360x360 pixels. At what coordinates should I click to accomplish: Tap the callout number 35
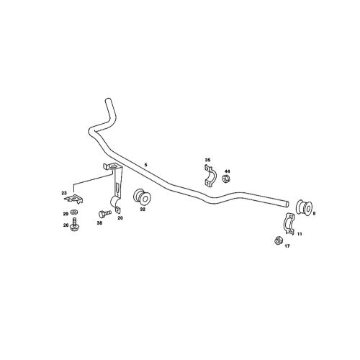[207, 160]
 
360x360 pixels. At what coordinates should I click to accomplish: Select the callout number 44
[228, 171]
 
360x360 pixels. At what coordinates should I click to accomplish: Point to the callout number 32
[143, 210]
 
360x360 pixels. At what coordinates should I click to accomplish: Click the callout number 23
[64, 192]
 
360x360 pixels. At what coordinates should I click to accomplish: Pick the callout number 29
[64, 215]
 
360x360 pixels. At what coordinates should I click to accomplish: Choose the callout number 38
[99, 223]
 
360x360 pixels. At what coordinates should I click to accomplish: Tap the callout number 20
[120, 217]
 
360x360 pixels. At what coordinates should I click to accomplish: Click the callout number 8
[314, 213]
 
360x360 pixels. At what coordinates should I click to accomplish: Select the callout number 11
[300, 235]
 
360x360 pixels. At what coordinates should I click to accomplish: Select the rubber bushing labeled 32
[142, 196]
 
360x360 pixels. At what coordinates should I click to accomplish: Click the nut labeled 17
[277, 241]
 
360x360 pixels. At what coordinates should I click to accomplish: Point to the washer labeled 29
[75, 214]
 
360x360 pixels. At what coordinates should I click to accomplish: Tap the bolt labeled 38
[104, 213]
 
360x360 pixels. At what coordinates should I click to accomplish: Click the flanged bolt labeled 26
[76, 225]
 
